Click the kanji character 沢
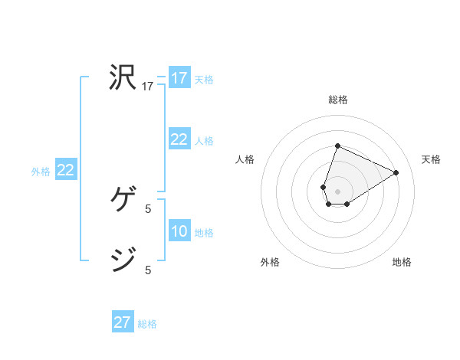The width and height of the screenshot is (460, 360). [123, 77]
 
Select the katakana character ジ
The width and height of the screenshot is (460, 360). [123, 260]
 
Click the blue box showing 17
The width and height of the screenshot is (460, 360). [179, 78]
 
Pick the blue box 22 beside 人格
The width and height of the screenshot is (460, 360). [179, 139]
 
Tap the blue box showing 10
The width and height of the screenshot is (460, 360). [179, 231]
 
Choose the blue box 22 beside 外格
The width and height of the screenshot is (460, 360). [65, 170]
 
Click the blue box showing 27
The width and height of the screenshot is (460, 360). [123, 322]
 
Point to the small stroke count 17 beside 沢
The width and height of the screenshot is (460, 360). [148, 87]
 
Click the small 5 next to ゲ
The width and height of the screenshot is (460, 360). [148, 208]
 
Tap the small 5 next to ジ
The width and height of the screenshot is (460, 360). [148, 270]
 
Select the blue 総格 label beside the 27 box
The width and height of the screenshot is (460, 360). [147, 324]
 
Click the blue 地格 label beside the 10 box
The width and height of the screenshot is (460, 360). [204, 233]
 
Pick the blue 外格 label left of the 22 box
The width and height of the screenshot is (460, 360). [41, 172]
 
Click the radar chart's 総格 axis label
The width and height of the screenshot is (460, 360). [338, 100]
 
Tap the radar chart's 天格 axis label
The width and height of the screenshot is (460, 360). [432, 159]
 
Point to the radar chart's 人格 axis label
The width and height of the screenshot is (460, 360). [245, 159]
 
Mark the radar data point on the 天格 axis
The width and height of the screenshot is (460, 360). [396, 172]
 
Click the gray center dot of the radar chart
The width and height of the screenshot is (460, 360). [337, 191]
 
